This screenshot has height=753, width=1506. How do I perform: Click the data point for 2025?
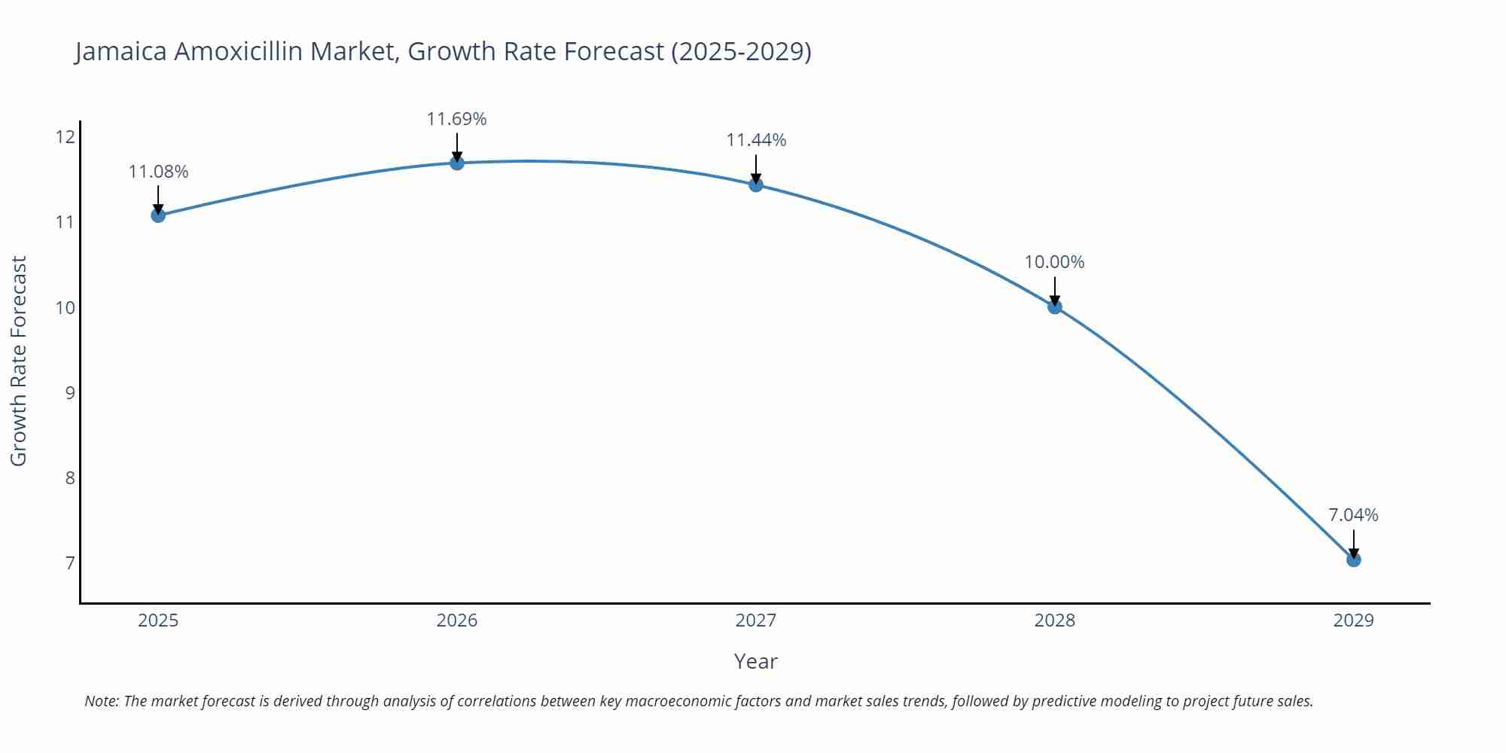pos(158,215)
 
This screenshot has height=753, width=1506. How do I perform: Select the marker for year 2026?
pos(457,163)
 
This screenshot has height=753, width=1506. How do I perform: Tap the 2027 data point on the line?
pos(756,184)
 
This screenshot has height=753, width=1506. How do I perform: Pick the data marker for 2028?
pos(1055,306)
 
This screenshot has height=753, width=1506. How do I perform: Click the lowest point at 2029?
pos(1354,559)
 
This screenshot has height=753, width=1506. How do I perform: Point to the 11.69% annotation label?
pos(456,119)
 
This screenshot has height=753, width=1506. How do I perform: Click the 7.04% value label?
pos(1353,515)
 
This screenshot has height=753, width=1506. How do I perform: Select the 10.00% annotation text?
pos(1054,262)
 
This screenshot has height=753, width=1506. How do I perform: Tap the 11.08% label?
pos(158,172)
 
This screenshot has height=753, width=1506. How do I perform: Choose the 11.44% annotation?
pos(756,140)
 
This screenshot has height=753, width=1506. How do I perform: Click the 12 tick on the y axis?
pos(66,137)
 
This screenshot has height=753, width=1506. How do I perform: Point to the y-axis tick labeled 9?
pos(70,392)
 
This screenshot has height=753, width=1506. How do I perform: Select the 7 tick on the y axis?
pos(70,563)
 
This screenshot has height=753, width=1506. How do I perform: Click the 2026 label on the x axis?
pos(457,620)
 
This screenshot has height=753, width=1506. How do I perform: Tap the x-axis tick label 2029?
pos(1353,620)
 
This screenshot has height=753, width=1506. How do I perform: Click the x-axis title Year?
pos(755,661)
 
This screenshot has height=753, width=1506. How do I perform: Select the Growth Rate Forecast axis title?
pos(19,361)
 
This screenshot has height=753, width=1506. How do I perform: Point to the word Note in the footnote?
pos(101,701)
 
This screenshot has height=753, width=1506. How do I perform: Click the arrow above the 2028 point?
pos(1055,290)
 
